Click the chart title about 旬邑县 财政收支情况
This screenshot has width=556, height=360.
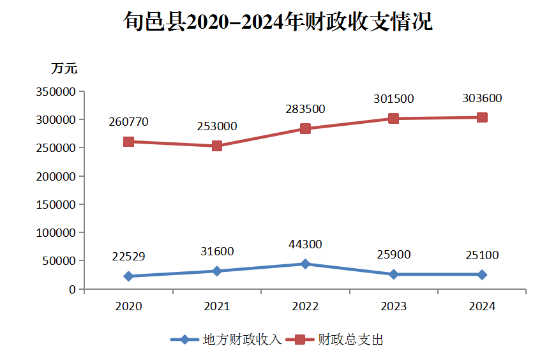(x=278, y=22)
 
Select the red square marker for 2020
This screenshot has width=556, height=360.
(x=128, y=142)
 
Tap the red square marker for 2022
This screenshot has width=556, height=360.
(x=305, y=129)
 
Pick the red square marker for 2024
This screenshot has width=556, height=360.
(x=482, y=117)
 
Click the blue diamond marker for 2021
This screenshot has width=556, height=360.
(x=217, y=271)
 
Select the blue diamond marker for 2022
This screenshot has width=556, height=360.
(x=305, y=264)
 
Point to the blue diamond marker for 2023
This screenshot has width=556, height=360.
(x=393, y=274)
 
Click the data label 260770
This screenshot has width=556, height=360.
(x=128, y=121)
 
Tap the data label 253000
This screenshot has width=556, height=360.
(x=217, y=126)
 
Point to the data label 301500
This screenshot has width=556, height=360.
(x=394, y=99)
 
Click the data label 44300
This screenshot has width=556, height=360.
(x=305, y=244)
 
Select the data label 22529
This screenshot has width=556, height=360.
(x=128, y=257)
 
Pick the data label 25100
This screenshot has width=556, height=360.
(x=482, y=255)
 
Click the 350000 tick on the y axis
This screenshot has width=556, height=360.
(x=57, y=92)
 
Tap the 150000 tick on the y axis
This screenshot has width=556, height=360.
(x=57, y=205)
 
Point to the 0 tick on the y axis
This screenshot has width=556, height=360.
(x=73, y=290)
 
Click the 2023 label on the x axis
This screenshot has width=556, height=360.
(x=393, y=306)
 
